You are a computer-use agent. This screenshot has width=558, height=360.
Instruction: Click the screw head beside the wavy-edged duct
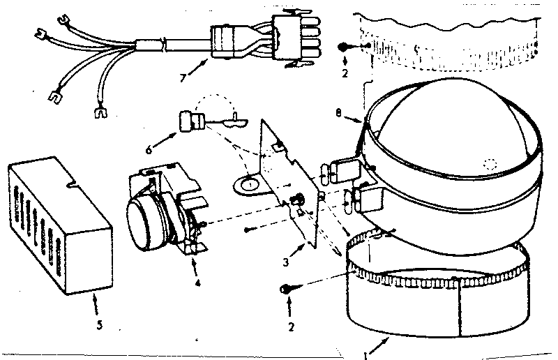(x=345, y=46)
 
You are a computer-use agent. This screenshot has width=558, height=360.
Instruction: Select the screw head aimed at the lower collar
(x=286, y=289)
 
